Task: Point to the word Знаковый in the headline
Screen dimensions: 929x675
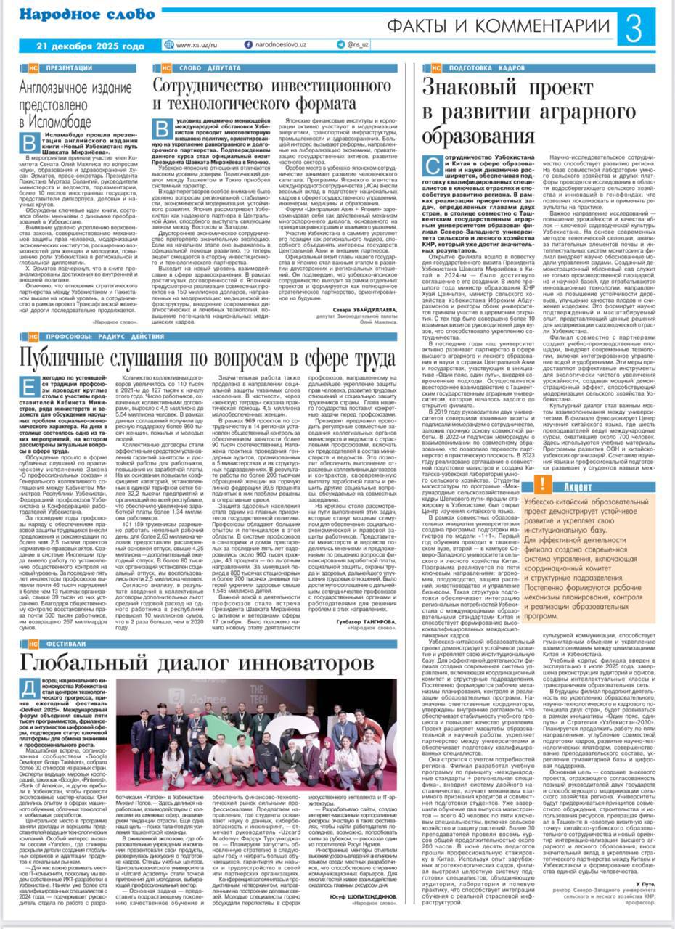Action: [x=472, y=90]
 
